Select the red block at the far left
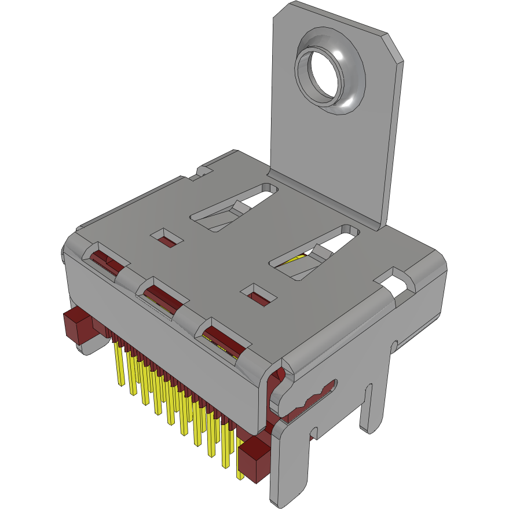pos(75,324)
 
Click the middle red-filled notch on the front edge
pos(163,295)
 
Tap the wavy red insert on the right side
pos(307,400)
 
